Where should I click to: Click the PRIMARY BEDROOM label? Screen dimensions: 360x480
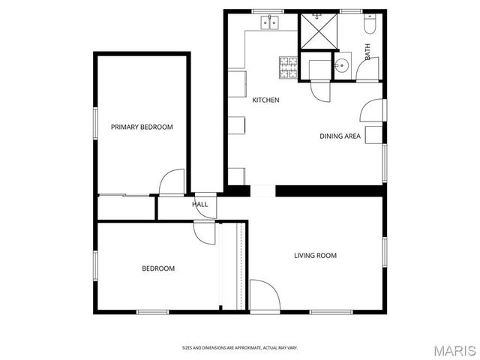pyautogui.click(x=142, y=127)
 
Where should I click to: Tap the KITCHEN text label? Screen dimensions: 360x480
pyautogui.click(x=265, y=100)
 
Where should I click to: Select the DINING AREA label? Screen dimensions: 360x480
pyautogui.click(x=340, y=136)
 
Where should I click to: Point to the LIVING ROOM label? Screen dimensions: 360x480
pyautogui.click(x=315, y=256)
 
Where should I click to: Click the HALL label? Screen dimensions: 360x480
pyautogui.click(x=199, y=204)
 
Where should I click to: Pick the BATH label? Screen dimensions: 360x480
pyautogui.click(x=367, y=52)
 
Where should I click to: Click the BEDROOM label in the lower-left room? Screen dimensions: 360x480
pyautogui.click(x=158, y=268)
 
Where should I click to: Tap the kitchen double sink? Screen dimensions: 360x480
pyautogui.click(x=269, y=23)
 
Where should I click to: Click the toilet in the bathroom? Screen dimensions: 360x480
pyautogui.click(x=369, y=26)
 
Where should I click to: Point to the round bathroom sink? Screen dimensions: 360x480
pyautogui.click(x=341, y=64)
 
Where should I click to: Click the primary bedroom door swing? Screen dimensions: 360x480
pyautogui.click(x=172, y=182)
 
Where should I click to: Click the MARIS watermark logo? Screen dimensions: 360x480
pyautogui.click(x=453, y=349)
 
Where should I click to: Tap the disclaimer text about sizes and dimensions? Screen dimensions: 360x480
pyautogui.click(x=240, y=348)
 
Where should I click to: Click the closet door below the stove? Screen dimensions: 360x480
pyautogui.click(x=319, y=91)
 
